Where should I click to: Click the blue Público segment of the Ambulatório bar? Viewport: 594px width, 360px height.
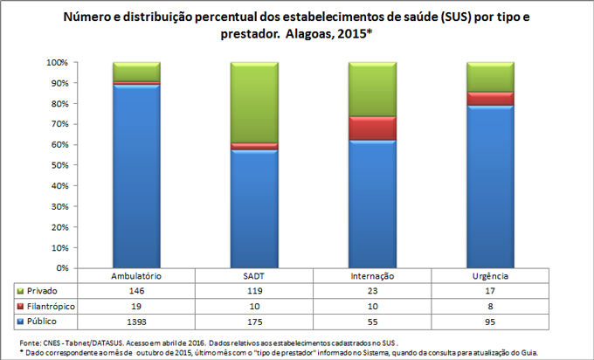point(136,175)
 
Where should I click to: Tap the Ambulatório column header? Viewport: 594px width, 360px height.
point(136,275)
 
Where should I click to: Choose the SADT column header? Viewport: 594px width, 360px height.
point(253,275)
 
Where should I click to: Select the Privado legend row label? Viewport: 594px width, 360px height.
point(43,290)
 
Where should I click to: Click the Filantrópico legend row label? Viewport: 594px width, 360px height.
point(49,306)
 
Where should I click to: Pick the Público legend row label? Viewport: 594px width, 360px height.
point(43,322)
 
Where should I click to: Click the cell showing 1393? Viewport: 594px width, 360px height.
point(136,322)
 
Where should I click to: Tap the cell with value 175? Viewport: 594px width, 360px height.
point(253,322)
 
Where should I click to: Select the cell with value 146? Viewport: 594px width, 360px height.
point(136,290)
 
